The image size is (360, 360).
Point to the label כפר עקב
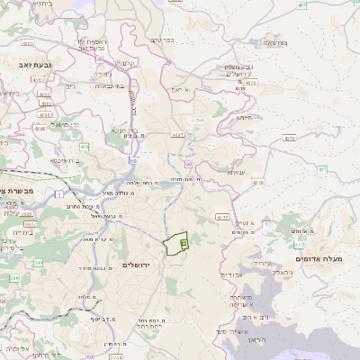click(162, 40)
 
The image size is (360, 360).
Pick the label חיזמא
click(244, 117)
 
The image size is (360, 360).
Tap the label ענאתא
click(236, 172)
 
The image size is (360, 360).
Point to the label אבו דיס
click(231, 274)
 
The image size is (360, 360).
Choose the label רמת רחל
click(148, 321)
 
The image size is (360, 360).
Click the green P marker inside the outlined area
click(184, 242)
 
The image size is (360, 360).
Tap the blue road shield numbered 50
click(132, 161)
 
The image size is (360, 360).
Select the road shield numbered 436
click(82, 146)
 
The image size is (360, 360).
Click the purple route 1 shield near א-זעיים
click(222, 217)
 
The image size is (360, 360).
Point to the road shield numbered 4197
click(177, 135)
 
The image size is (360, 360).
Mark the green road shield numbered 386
click(39, 264)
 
